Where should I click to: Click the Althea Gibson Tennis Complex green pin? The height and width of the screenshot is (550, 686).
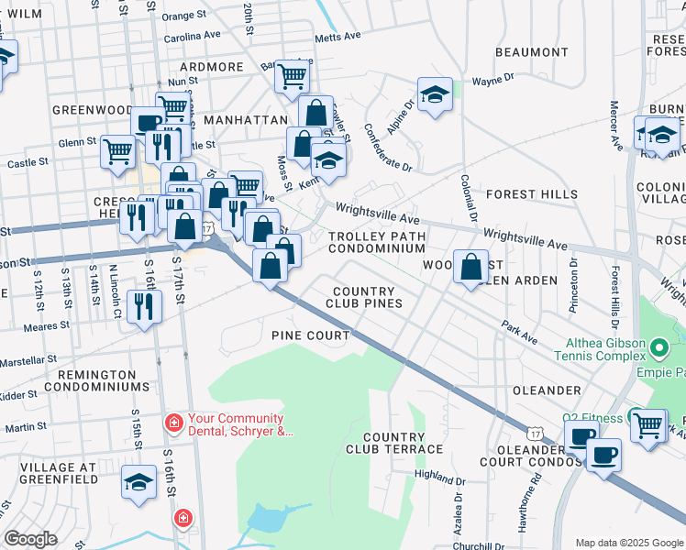pos(658,348)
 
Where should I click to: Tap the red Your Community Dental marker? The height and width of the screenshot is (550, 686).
pos(171,423)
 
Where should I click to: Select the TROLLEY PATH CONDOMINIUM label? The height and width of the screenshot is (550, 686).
pos(377,242)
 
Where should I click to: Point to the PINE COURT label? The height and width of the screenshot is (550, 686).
pos(311,335)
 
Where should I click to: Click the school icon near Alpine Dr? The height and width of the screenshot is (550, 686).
pos(435,94)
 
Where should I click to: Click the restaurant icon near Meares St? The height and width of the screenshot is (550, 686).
pos(143,306)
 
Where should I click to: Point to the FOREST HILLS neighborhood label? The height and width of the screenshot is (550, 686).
pos(532,194)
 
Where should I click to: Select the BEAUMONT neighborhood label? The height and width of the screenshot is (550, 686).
pos(532,52)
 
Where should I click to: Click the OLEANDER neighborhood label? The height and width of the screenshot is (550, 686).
pos(547,390)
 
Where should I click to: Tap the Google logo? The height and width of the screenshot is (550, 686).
pos(30,539)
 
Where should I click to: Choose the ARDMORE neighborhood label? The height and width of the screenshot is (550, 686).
pos(212,67)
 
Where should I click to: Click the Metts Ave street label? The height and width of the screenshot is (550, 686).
pos(338,38)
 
